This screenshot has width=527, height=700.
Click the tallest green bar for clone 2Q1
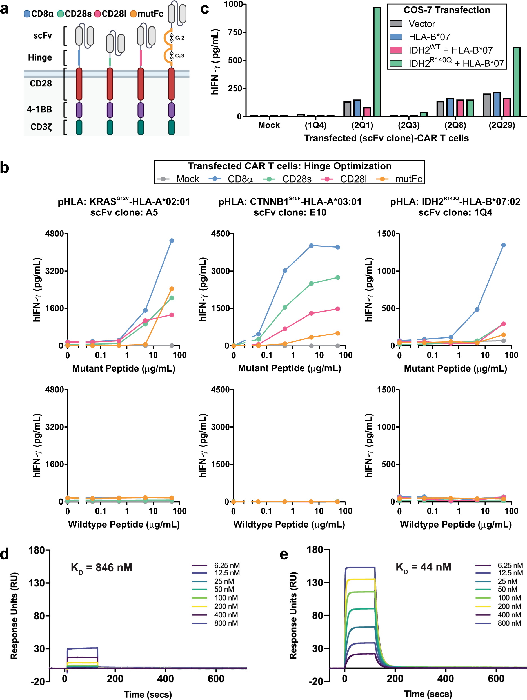click(x=377, y=62)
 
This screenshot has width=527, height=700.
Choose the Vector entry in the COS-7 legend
click(x=422, y=24)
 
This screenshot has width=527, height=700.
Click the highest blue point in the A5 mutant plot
click(x=172, y=241)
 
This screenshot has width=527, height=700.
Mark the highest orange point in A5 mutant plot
click(x=172, y=289)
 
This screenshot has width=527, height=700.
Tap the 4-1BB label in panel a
click(x=39, y=110)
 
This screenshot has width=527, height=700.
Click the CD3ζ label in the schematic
click(x=41, y=127)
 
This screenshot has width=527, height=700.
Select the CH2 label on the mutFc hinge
click(x=180, y=38)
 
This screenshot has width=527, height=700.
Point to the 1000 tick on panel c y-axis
click(x=233, y=4)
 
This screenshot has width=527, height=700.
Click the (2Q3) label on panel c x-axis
click(x=409, y=125)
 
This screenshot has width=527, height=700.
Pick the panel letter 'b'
click(x=5, y=168)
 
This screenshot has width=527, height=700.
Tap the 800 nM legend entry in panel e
click(x=509, y=623)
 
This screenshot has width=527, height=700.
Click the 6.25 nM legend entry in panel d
click(x=227, y=565)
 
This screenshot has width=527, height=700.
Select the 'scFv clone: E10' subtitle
click(x=290, y=212)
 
